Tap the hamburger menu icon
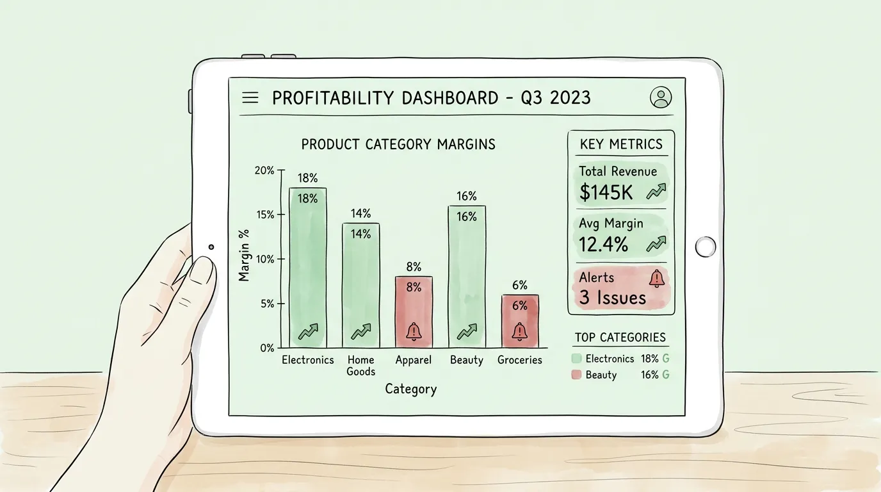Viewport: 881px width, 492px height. [250, 97]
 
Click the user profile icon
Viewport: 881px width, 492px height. [660, 97]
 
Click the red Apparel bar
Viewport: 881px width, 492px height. [414, 312]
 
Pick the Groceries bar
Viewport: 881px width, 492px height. [519, 321]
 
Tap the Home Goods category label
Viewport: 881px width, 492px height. [360, 366]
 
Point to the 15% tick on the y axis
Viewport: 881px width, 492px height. [266, 215]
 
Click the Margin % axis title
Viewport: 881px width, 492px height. [244, 256]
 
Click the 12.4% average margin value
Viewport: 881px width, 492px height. [604, 244]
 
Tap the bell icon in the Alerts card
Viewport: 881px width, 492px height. [656, 278]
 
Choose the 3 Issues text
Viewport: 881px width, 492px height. [612, 297]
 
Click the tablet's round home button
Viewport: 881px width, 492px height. [705, 247]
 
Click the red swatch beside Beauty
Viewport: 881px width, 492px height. [576, 375]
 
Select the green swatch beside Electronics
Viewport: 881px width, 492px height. [576, 359]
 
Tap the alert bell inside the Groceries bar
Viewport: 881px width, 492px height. [519, 332]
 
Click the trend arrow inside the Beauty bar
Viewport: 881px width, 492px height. [467, 332]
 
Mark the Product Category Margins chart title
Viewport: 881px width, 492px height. [398, 144]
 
